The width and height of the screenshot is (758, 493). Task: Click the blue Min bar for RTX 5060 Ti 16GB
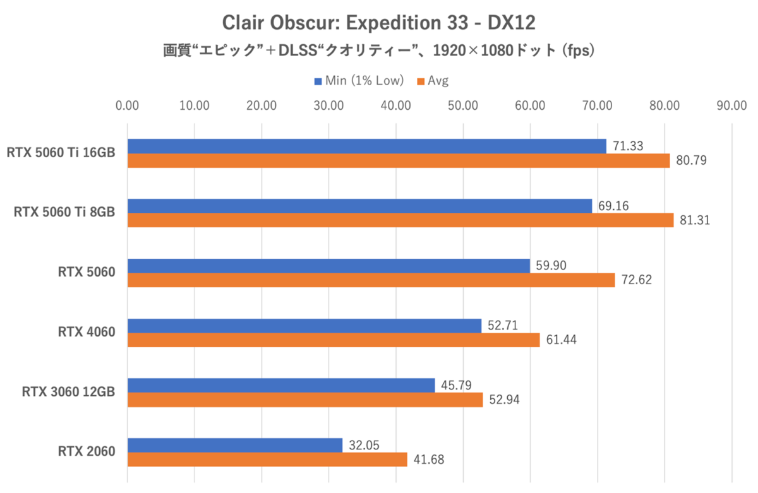coord(366,146)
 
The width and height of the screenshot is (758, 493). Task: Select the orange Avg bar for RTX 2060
coord(267,460)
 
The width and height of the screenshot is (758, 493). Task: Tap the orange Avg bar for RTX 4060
coord(334,340)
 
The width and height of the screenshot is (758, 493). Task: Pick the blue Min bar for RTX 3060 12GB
coord(281,384)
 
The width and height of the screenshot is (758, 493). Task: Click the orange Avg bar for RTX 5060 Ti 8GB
coord(400,220)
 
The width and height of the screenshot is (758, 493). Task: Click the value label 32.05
coord(364,444)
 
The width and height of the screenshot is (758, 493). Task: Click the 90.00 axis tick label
coord(731,105)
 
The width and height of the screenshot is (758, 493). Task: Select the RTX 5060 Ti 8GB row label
coord(64,213)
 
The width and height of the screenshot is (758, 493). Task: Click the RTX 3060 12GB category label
coord(68,392)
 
